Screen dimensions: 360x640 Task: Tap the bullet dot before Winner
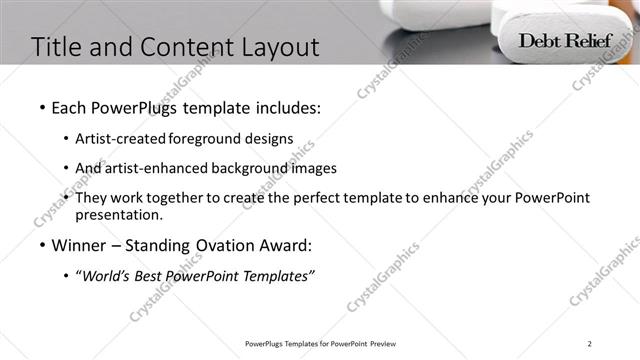coord(42,245)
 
